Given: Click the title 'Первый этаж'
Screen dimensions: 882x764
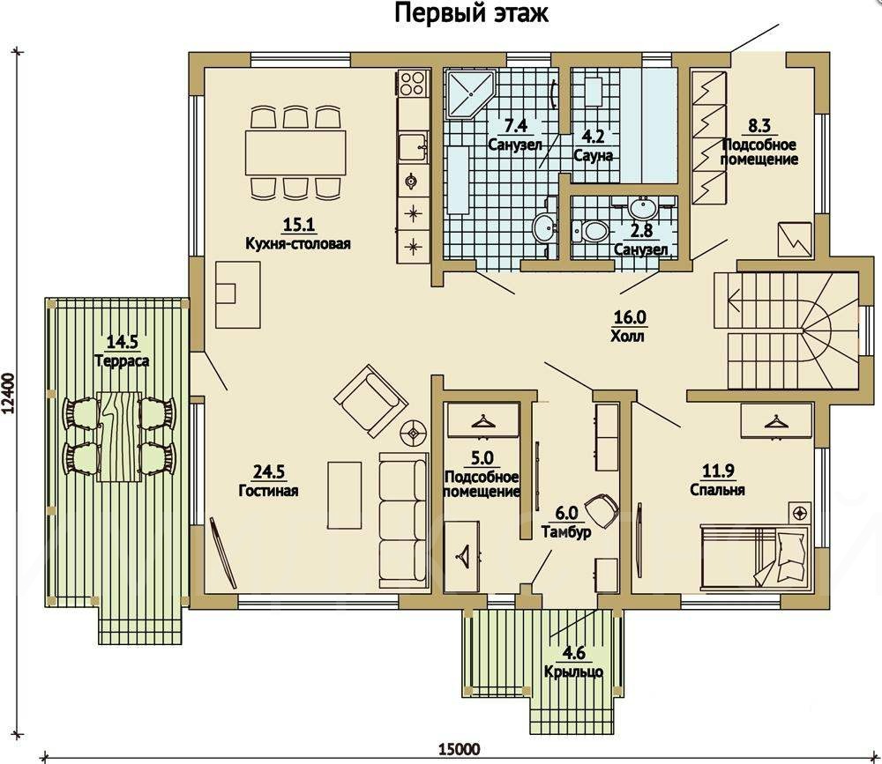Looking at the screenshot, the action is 471,13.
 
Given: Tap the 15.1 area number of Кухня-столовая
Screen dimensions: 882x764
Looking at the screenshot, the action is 299,225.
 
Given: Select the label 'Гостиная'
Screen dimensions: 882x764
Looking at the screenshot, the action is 268,491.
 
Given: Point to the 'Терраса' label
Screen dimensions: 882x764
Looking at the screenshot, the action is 122,360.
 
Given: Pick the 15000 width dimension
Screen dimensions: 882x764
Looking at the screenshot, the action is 460,749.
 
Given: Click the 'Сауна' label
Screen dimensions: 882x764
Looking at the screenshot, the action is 594,156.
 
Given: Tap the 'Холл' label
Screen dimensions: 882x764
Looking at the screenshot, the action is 628,337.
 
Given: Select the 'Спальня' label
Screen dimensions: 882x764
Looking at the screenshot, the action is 717,490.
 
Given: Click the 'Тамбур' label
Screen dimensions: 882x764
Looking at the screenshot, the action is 566,531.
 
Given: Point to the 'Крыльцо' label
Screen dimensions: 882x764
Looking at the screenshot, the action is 574,671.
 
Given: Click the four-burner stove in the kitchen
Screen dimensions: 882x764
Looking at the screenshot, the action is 413,83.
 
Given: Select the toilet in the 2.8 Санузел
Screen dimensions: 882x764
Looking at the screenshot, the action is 589,230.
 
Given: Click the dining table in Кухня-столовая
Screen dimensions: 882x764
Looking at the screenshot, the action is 295,152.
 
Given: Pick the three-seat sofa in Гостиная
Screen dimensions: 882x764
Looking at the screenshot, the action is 403,520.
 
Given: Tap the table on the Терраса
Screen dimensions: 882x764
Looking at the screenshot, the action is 119,436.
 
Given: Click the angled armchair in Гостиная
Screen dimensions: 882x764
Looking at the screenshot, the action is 370,400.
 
